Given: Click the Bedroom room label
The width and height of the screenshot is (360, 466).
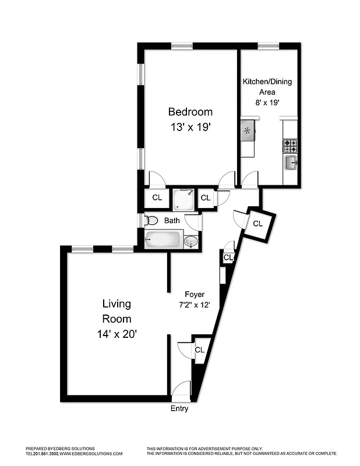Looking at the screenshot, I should (x=190, y=112).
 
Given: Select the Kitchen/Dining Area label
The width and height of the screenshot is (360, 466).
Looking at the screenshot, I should (x=267, y=87).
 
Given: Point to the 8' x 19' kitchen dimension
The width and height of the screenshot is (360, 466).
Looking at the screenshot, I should (x=267, y=102).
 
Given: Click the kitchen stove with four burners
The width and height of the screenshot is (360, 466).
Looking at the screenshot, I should (x=290, y=144).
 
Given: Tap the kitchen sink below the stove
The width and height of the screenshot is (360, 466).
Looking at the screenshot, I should (x=290, y=163).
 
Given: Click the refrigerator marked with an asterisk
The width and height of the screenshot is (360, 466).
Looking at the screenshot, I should (x=247, y=130).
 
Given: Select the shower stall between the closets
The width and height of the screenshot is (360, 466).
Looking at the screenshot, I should (x=184, y=199).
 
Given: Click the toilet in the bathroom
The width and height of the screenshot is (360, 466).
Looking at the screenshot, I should (x=151, y=221).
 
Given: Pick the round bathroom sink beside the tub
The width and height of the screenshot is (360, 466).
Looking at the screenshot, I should (x=190, y=241).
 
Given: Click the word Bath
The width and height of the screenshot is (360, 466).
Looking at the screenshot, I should (x=172, y=221).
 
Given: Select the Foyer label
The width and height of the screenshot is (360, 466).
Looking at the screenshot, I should (x=194, y=294).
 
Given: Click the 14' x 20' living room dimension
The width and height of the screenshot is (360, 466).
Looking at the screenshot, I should (x=117, y=334).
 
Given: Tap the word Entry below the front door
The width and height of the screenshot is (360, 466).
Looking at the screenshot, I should (x=179, y=409).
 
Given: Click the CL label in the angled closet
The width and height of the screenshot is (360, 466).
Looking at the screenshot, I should (x=257, y=223).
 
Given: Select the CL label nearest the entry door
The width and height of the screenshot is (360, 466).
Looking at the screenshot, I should (x=199, y=350).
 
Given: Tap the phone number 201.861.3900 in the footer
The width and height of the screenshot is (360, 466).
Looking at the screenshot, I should (x=45, y=453).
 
